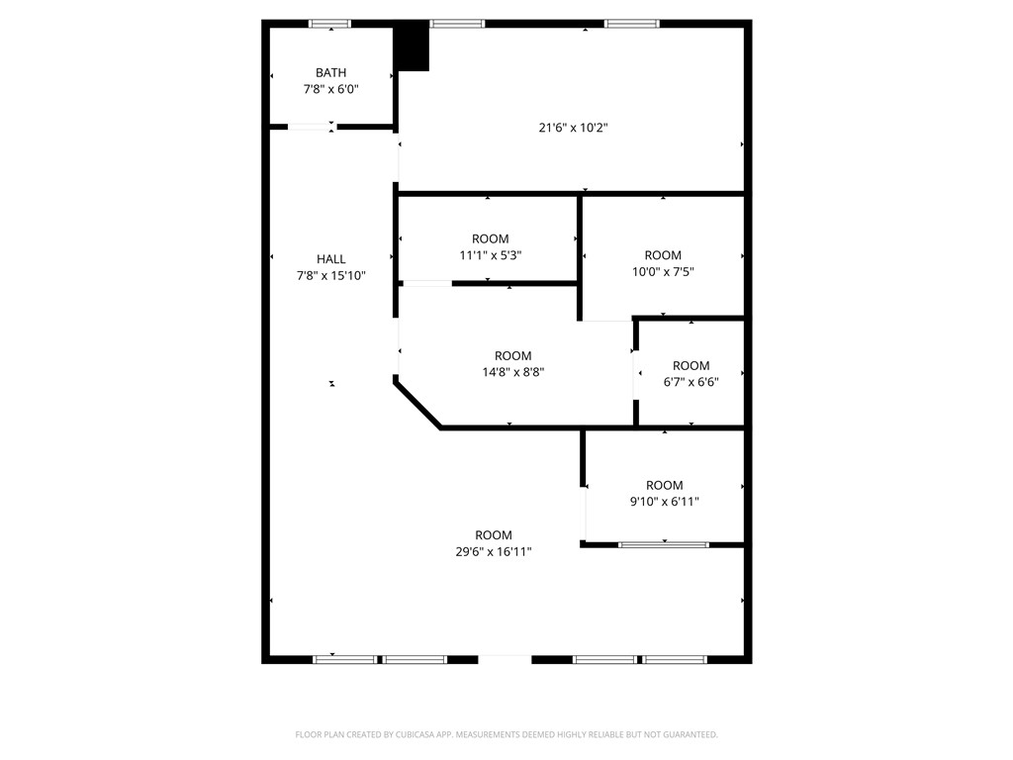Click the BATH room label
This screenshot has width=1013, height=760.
330,72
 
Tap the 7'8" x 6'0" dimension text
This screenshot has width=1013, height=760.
330,89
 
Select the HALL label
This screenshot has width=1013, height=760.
331,259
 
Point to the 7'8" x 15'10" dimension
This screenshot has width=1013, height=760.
331,276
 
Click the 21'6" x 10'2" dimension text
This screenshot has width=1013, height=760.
573,127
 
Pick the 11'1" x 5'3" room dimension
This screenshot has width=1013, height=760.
490,255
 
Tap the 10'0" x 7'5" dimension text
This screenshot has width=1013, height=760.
663,271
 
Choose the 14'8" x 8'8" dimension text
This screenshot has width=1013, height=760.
512,373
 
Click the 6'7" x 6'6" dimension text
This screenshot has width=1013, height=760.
691,382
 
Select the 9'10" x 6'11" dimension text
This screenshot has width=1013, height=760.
664,502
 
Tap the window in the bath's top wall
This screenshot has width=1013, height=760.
330,24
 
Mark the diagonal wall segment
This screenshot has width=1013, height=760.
417,404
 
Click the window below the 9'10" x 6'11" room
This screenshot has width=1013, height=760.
664,544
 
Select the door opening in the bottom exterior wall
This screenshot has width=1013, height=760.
505,658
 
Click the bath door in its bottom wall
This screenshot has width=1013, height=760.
312,127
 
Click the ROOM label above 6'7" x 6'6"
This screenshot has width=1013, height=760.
691,365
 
